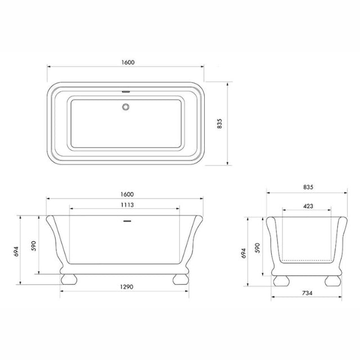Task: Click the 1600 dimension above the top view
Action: (x=128, y=62)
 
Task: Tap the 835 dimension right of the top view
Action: (x=220, y=124)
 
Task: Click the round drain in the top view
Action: (x=125, y=107)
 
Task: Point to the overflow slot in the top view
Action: (x=126, y=92)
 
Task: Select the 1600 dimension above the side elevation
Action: (x=127, y=195)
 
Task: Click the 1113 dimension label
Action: (x=127, y=205)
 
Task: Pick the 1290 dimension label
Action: (x=127, y=287)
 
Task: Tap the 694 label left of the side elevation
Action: (x=16, y=251)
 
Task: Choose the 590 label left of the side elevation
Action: (x=34, y=246)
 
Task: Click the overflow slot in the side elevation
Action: (x=127, y=221)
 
